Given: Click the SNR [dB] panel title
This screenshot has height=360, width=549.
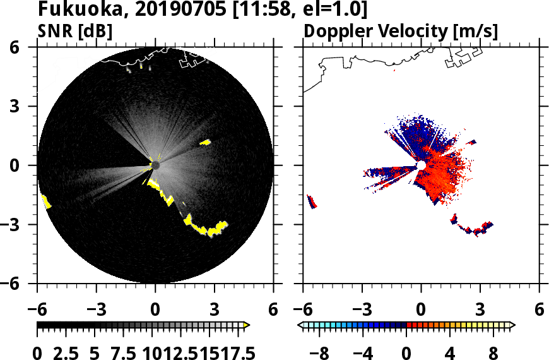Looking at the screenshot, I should pyautogui.click(x=75, y=31).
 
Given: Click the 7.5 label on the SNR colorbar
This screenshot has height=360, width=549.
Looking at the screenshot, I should pyautogui.click(x=124, y=352).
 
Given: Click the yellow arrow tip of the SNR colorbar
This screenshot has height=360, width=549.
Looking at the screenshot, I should pyautogui.click(x=247, y=325).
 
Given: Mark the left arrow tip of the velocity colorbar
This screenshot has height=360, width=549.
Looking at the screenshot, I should pyautogui.click(x=300, y=325).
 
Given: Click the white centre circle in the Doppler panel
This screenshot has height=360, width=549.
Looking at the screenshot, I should pyautogui.click(x=421, y=165).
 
